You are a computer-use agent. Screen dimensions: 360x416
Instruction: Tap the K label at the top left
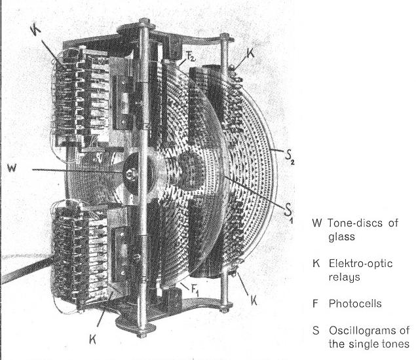pos(35,29)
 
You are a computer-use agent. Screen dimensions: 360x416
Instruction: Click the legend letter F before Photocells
pos(316,304)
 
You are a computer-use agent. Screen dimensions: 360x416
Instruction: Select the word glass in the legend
pos(341,239)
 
